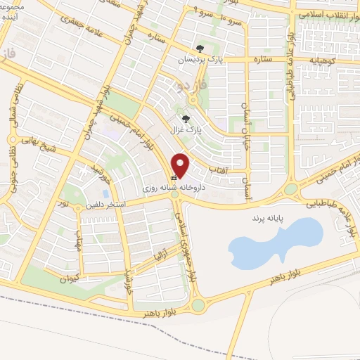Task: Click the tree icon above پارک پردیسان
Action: point(200,49)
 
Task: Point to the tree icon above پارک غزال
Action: point(186,119)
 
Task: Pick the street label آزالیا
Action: point(160,252)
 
